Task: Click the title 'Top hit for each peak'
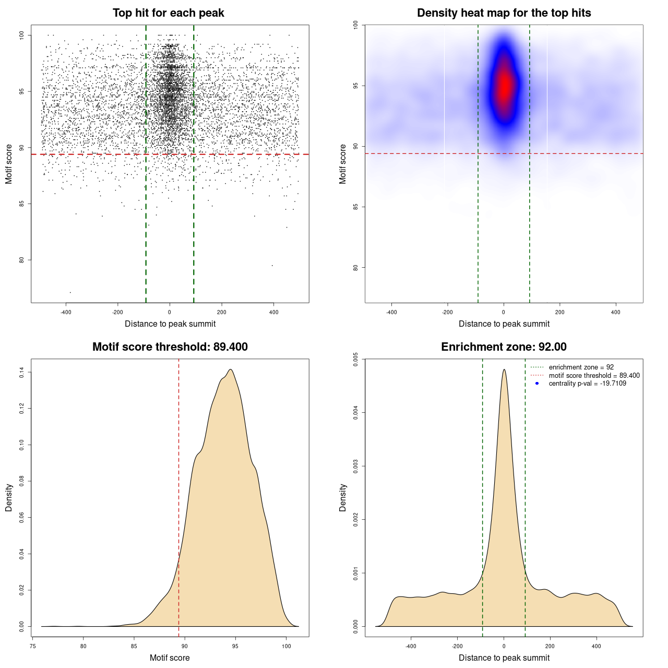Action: (x=169, y=13)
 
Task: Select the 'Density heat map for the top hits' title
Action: (x=504, y=13)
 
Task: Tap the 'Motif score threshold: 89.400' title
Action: (x=170, y=347)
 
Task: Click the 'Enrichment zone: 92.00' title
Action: (x=504, y=347)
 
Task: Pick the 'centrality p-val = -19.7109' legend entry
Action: (x=587, y=384)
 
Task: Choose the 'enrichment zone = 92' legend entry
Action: (x=581, y=367)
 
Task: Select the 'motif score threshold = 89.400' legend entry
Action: (x=594, y=376)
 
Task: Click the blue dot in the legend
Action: (x=537, y=384)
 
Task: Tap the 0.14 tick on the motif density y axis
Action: (x=22, y=372)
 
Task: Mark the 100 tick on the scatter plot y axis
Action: (x=22, y=35)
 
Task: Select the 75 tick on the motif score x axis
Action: (x=33, y=646)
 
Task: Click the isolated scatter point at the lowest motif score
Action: (x=70, y=292)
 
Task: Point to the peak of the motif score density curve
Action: (x=230, y=369)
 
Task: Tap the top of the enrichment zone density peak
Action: (x=504, y=369)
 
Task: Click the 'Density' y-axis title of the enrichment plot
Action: (x=343, y=497)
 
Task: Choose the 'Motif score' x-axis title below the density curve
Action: (x=170, y=658)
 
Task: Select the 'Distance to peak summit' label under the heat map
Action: (x=504, y=324)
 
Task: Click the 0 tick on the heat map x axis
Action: (x=504, y=312)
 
